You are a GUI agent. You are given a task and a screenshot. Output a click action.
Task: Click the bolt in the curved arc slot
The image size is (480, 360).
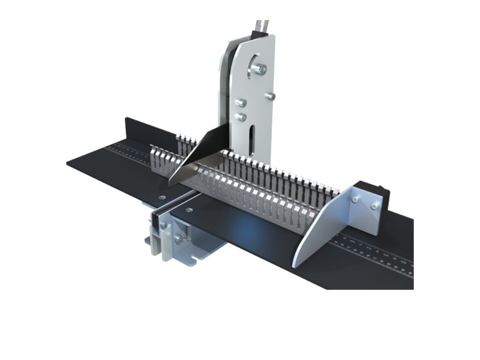pyautogui.click(x=259, y=69)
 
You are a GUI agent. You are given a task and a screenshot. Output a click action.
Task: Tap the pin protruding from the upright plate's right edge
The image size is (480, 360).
pyautogui.click(x=270, y=96)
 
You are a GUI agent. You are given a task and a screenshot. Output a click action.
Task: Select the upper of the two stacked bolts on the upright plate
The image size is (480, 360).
pyautogui.click(x=241, y=103)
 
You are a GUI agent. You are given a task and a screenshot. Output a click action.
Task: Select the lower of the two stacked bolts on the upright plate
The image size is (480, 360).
pyautogui.click(x=241, y=117)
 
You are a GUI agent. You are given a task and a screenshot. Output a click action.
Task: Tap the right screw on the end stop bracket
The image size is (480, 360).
pyautogui.click(x=374, y=206)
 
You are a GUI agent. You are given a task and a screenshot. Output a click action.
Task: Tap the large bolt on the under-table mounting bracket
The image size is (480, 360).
pyautogui.click(x=179, y=239)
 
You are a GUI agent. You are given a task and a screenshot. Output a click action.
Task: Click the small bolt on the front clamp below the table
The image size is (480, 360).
pyautogui.click(x=163, y=226)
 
